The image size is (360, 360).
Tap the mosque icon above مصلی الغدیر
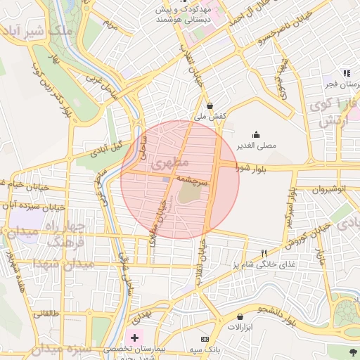pyautogui.click(x=256, y=134)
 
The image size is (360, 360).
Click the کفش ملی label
pyautogui.click(x=210, y=116)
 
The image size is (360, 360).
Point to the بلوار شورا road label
pyautogui.click(x=252, y=167)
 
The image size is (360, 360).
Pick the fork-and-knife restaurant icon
pyautogui.click(x=264, y=253)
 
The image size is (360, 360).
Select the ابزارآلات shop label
pyautogui.click(x=241, y=328)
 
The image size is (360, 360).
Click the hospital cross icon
pyautogui.click(x=134, y=337)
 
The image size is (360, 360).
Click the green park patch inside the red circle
pyautogui.click(x=188, y=194)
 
